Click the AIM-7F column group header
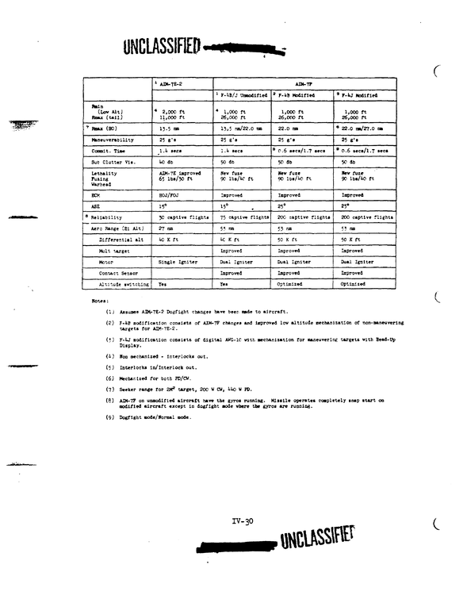(x=304, y=83)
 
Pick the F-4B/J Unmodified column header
(x=243, y=95)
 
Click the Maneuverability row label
(x=115, y=139)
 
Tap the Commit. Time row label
(x=109, y=150)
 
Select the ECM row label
(x=98, y=194)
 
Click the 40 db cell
(x=166, y=161)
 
